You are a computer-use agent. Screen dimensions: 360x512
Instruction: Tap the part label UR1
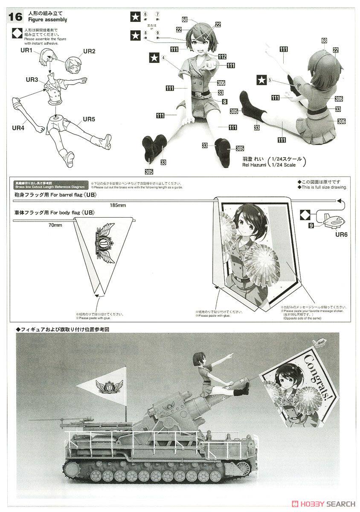click(x=26, y=51)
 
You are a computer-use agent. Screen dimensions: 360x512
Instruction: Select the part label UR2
click(x=89, y=51)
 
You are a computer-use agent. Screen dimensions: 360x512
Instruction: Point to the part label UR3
click(x=32, y=79)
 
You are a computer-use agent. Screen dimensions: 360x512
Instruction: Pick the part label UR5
click(x=89, y=119)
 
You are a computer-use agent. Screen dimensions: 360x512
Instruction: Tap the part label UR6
click(x=342, y=234)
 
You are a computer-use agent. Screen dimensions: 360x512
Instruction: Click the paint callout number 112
click(x=222, y=56)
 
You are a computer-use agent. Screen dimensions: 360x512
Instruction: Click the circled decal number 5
click(x=271, y=79)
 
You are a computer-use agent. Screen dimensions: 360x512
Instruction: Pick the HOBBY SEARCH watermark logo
click(x=324, y=504)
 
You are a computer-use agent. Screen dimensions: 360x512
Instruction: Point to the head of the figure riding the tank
click(x=201, y=358)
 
